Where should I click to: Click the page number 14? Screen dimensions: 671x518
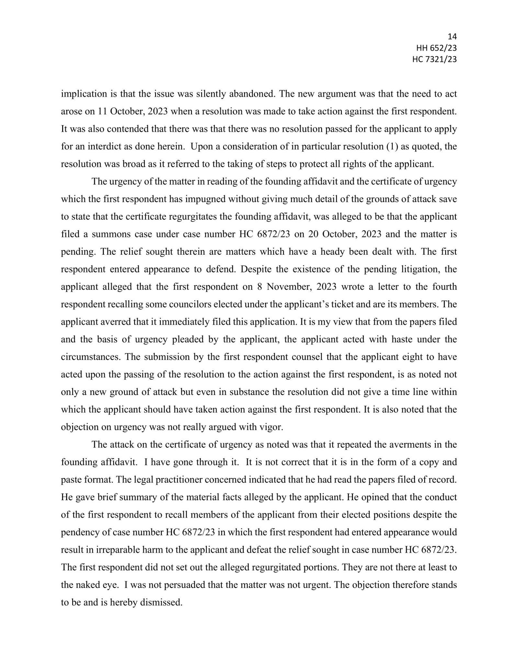click(452, 36)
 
